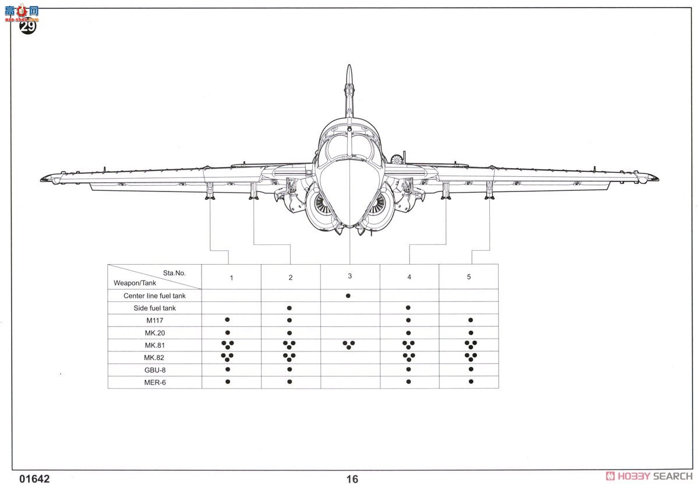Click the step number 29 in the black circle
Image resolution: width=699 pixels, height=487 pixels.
pyautogui.click(x=28, y=26)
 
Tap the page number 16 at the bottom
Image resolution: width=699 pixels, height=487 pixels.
pyautogui.click(x=352, y=479)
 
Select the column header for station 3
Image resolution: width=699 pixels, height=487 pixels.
pyautogui.click(x=349, y=276)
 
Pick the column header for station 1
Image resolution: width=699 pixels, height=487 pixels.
pyautogui.click(x=231, y=278)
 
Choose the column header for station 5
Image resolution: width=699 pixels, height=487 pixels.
pyautogui.click(x=468, y=276)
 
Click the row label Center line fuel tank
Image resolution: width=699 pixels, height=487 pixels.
pyautogui.click(x=154, y=296)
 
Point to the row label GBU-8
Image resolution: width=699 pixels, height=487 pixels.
pyautogui.click(x=154, y=370)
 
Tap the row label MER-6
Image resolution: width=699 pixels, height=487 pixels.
pyautogui.click(x=154, y=382)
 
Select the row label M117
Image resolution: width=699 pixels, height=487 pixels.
pyautogui.click(x=154, y=321)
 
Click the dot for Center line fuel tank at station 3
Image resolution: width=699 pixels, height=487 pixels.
pyautogui.click(x=348, y=296)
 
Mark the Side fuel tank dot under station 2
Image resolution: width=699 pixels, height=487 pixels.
pyautogui.click(x=289, y=308)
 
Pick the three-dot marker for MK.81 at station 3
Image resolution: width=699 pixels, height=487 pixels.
pyautogui.click(x=348, y=344)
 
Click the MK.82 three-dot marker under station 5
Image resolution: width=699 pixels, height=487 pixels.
pyautogui.click(x=471, y=357)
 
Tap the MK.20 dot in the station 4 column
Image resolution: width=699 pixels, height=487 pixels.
pyautogui.click(x=408, y=332)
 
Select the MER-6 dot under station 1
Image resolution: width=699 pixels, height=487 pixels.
pyautogui.click(x=228, y=382)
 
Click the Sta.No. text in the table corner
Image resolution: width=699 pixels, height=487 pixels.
pyautogui.click(x=174, y=272)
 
